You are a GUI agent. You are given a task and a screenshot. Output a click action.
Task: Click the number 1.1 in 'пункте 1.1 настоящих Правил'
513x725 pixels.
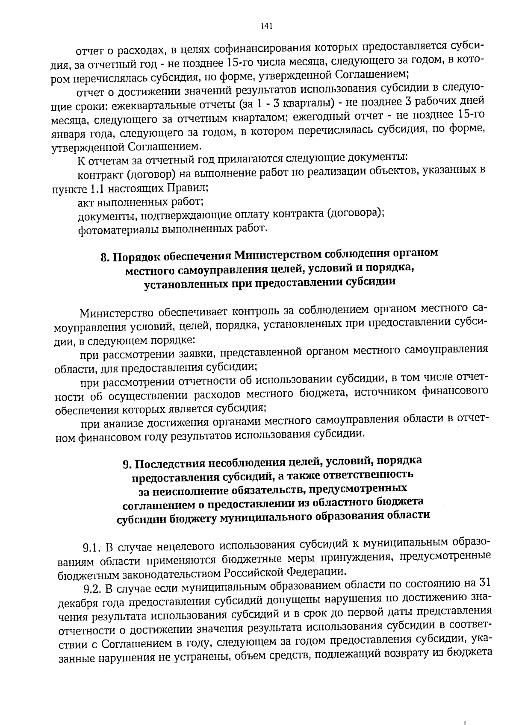pos(99,188)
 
